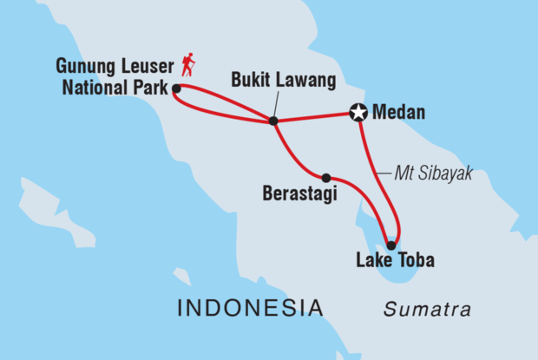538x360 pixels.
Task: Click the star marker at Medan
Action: click(358, 112)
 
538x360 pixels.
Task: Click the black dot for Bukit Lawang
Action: click(273, 121)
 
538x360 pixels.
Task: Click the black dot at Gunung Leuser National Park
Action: click(176, 88)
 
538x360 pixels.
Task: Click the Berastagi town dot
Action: click(326, 177)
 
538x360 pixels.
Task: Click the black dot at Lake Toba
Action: click(391, 245)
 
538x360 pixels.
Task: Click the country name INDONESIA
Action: click(250, 308)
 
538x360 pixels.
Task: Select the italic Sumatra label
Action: click(429, 310)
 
